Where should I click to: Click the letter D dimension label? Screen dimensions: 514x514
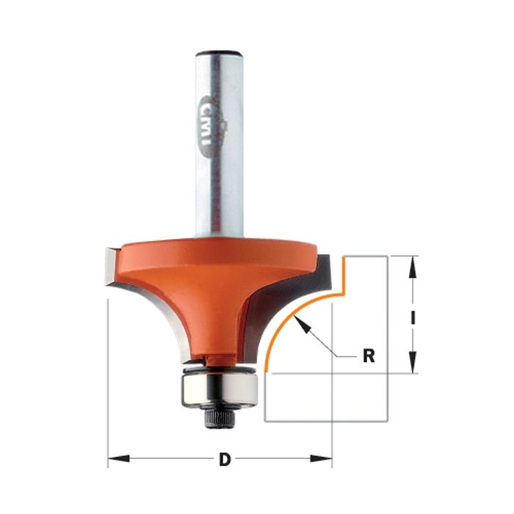225,459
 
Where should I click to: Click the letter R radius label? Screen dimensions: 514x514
369,356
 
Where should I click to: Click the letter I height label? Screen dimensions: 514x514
413,317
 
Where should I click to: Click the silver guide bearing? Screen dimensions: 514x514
220,391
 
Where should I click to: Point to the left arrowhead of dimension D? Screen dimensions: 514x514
118,458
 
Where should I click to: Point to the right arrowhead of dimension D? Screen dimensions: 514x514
321,458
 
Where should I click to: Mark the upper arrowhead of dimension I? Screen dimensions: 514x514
413,267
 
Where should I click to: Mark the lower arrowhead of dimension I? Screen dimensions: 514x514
413,363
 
